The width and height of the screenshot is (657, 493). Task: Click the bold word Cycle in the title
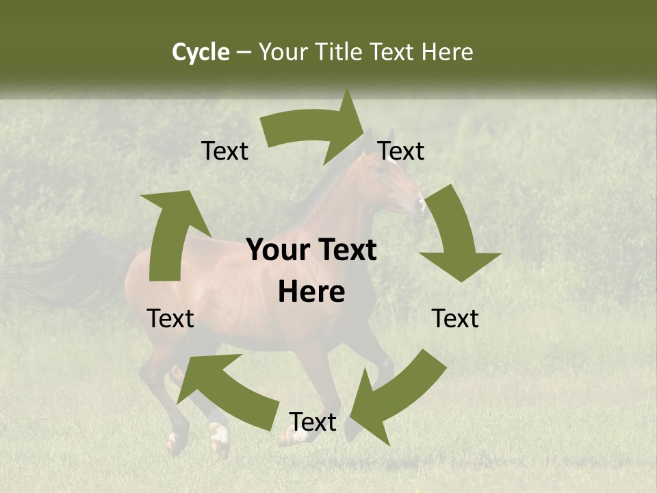coord(201,52)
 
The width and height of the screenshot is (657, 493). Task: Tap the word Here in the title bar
coord(448,52)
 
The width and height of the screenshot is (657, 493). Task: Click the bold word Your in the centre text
coord(273,250)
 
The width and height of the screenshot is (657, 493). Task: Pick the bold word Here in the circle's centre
coord(311,292)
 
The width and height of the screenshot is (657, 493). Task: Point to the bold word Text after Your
coord(347,250)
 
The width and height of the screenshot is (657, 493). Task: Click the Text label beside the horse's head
coord(401,151)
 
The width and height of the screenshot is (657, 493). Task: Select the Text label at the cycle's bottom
coord(313,422)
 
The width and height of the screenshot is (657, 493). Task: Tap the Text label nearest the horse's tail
coord(170,318)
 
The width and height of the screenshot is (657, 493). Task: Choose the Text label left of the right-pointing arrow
coord(224,151)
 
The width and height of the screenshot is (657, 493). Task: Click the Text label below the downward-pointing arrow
coord(455,318)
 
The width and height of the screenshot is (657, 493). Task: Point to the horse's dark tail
coord(75,274)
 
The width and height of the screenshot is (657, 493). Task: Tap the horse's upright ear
coord(391,135)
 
